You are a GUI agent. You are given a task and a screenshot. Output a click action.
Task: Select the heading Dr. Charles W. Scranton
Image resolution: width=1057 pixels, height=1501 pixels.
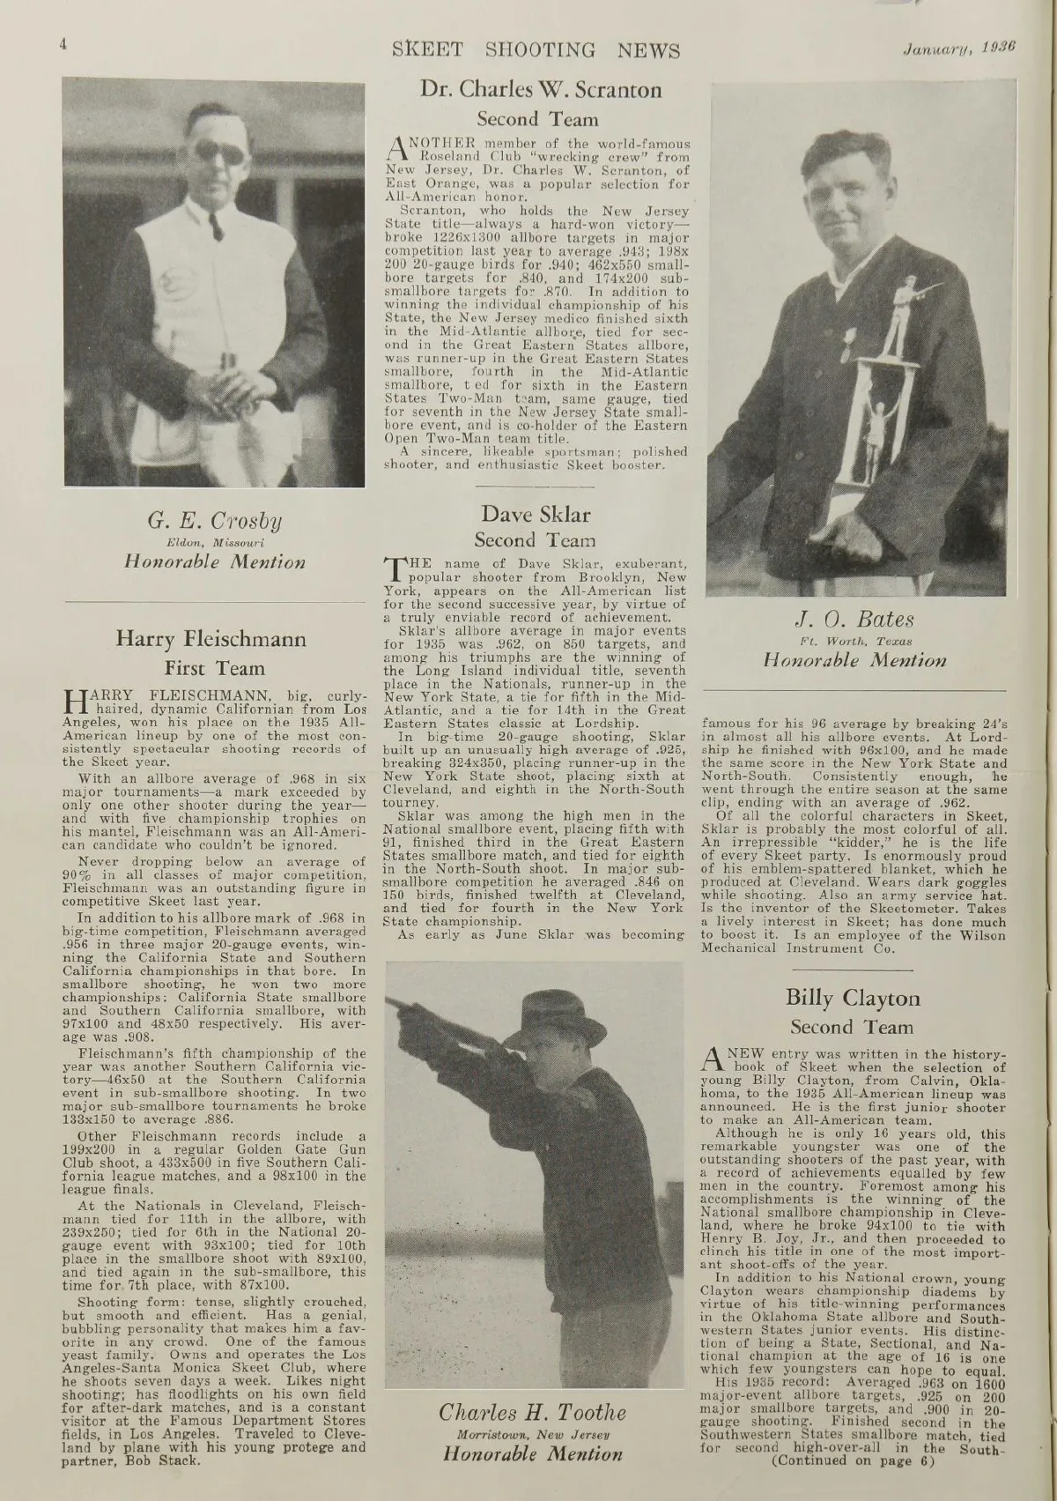click(541, 89)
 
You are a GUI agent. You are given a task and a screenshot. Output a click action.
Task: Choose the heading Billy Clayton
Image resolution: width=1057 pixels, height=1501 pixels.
click(853, 999)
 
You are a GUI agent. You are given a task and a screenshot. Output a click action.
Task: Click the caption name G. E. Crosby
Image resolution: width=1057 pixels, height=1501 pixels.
click(215, 519)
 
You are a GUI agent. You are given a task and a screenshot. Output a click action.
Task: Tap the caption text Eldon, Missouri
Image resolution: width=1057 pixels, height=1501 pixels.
click(215, 541)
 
